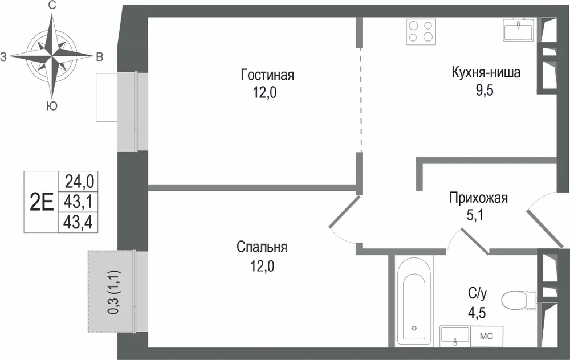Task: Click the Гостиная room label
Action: point(267,75)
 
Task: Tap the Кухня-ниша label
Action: point(486,72)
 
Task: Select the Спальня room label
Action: point(262,247)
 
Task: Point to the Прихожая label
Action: point(478,198)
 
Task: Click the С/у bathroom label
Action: point(477,293)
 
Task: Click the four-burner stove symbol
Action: point(421,31)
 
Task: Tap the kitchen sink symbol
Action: point(518,30)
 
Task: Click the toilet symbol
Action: point(519,301)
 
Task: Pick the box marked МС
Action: point(487,337)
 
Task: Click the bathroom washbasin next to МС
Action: point(455,337)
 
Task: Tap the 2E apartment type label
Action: point(42,202)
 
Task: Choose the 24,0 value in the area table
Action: point(79,181)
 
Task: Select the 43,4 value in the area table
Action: point(78,222)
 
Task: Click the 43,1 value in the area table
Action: point(78,202)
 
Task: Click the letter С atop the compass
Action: point(52,6)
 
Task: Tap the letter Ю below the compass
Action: point(52,106)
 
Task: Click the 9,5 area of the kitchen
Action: point(484,91)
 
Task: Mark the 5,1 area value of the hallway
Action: point(475,216)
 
